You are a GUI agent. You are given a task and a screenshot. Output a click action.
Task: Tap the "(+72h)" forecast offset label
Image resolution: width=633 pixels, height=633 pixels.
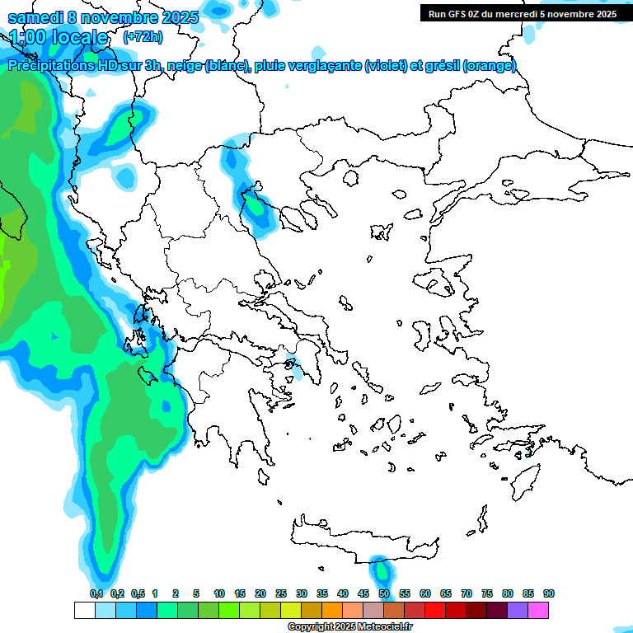[143, 37]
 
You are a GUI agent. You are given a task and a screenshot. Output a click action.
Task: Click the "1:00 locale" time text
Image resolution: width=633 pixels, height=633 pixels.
[59, 37]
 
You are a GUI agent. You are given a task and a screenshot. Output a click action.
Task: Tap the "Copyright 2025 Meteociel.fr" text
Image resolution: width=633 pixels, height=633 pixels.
[351, 627]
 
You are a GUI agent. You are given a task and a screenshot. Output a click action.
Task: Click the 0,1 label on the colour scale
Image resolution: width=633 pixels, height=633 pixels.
[96, 593]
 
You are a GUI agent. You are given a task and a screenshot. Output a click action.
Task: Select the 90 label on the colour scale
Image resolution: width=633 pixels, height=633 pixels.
[549, 593]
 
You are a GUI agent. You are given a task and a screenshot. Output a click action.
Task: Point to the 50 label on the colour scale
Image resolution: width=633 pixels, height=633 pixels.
[384, 593]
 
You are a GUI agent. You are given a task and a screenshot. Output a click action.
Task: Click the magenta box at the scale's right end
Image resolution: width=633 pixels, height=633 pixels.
[538, 610]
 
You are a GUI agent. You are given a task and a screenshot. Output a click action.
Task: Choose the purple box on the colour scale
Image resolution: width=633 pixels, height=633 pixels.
[518, 610]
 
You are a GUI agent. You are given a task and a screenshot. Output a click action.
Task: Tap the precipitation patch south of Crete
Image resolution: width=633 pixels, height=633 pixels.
[381, 570]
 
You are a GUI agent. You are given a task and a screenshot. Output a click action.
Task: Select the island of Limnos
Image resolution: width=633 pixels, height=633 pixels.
[380, 231]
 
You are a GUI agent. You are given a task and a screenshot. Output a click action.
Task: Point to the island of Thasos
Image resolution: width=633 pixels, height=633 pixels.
[350, 178]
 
